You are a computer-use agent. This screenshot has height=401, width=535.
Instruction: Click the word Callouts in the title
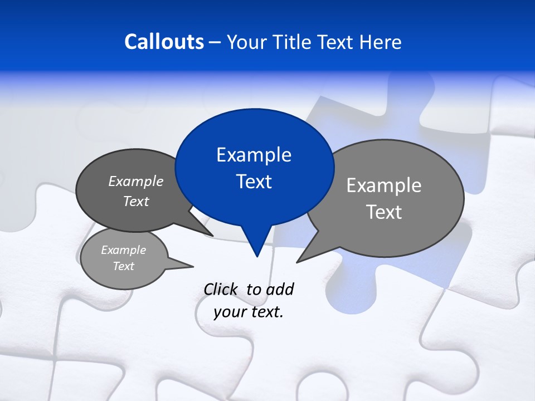[164, 42]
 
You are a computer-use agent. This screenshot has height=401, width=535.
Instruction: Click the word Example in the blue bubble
[254, 155]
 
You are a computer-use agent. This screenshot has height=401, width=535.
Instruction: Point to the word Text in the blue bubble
[254, 182]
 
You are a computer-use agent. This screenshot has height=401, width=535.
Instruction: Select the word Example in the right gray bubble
[384, 185]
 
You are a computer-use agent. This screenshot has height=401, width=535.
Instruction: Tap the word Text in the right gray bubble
[384, 212]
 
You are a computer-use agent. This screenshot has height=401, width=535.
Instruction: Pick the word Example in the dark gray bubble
[136, 182]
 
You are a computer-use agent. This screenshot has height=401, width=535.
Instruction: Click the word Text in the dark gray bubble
[136, 201]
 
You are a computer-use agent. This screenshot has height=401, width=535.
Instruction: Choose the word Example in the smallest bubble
[123, 250]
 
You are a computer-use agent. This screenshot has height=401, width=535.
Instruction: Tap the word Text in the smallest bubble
[123, 266]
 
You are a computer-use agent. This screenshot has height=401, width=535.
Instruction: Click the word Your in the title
[247, 42]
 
